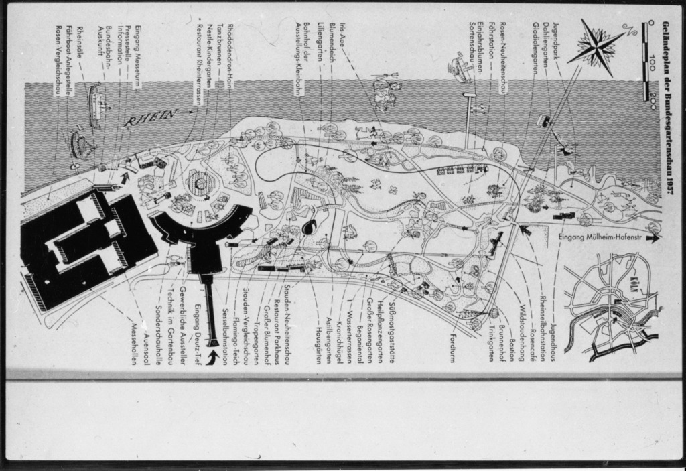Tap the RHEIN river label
coord(151,118)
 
